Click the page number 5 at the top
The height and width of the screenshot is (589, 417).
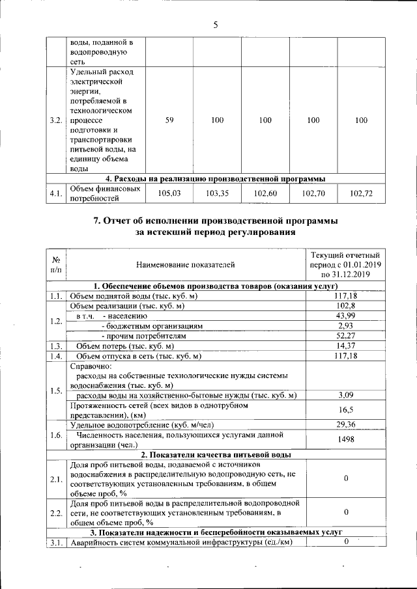[215, 25]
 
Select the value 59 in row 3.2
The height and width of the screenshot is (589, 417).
[169, 120]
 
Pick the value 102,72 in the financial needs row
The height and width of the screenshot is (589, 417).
[361, 193]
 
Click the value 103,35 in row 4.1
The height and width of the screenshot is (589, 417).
[218, 193]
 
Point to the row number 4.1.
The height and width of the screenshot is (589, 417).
[56, 193]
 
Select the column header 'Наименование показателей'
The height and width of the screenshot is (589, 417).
[186, 264]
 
